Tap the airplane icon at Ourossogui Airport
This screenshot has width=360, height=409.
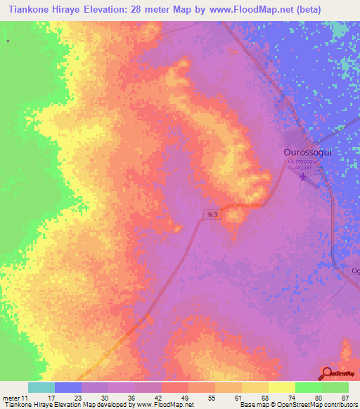click(x=304, y=176)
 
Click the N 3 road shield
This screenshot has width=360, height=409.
click(x=213, y=214)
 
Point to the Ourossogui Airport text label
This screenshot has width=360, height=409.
click(x=304, y=164)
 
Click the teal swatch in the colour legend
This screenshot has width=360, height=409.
click(x=41, y=387)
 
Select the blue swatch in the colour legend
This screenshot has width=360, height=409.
click(x=68, y=387)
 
